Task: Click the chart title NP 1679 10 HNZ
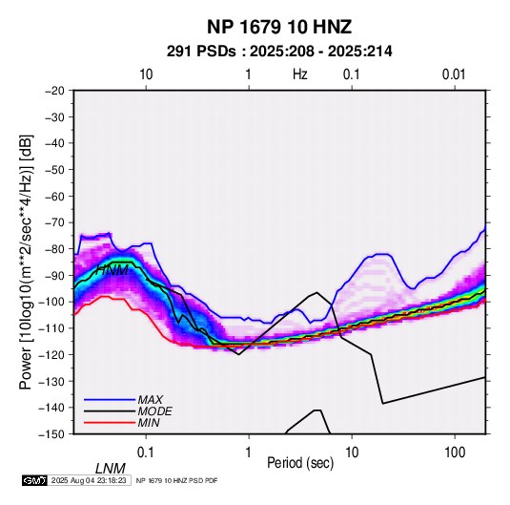tap(279, 27)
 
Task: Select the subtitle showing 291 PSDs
tap(279, 52)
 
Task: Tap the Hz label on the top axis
tap(299, 74)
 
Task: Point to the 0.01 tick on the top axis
tap(454, 74)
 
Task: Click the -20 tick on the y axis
tap(54, 91)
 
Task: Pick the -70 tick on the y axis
tap(54, 222)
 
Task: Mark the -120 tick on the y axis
tap(51, 354)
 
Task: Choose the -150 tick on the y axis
tap(51, 434)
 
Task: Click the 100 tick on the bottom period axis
tap(455, 452)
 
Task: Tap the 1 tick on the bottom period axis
tap(249, 452)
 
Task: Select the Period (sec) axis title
tap(300, 463)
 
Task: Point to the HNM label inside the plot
tap(112, 270)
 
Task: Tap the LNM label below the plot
tap(111, 469)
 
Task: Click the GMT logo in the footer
tap(34, 480)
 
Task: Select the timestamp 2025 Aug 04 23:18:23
tap(89, 480)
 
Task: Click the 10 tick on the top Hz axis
tap(146, 74)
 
